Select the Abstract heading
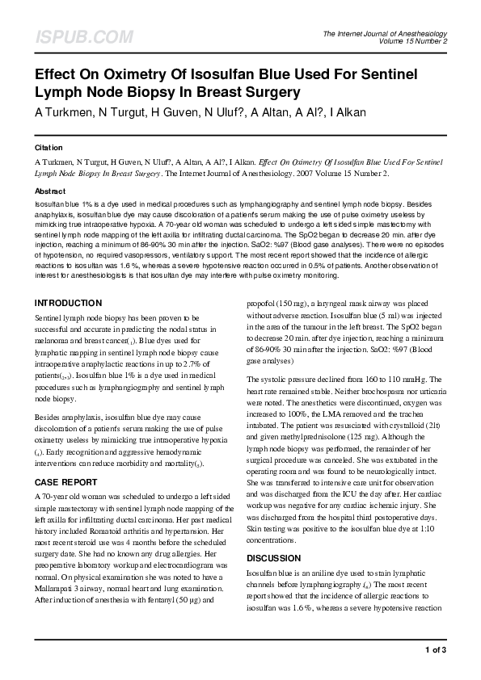49,191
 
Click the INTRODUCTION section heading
68,281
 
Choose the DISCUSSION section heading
274,558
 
